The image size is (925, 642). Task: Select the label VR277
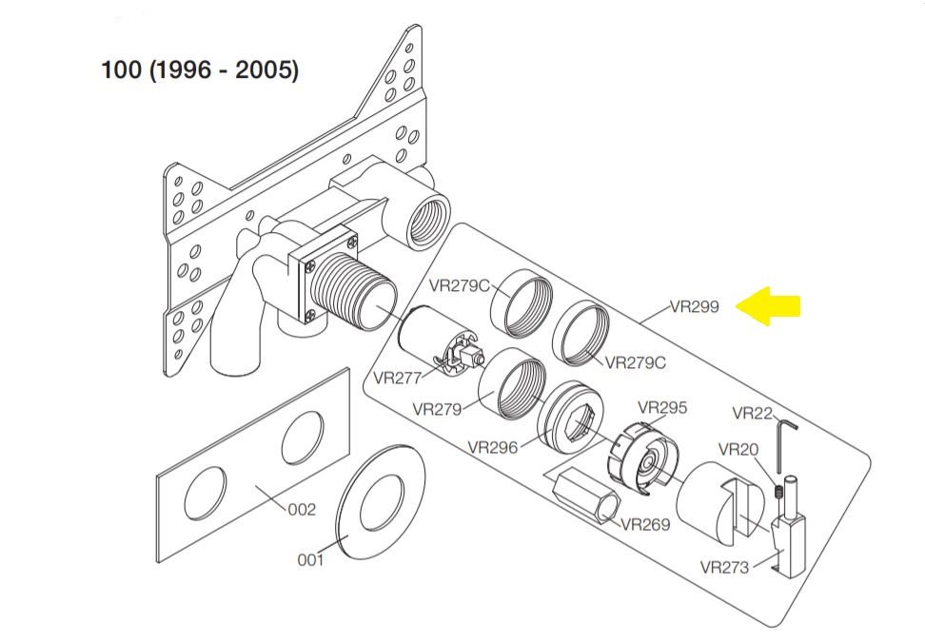397,378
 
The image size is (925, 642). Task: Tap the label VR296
493,447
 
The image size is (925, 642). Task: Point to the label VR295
662,408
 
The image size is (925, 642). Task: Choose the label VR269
645,524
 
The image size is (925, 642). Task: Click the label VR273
724,568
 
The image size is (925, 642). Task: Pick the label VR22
752,413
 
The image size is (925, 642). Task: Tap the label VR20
738,449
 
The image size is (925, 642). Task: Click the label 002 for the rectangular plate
302,510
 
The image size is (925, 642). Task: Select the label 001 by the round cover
310,560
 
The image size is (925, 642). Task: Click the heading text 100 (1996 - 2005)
200,70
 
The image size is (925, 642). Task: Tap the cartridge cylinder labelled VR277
428,338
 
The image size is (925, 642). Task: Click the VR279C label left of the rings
459,284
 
